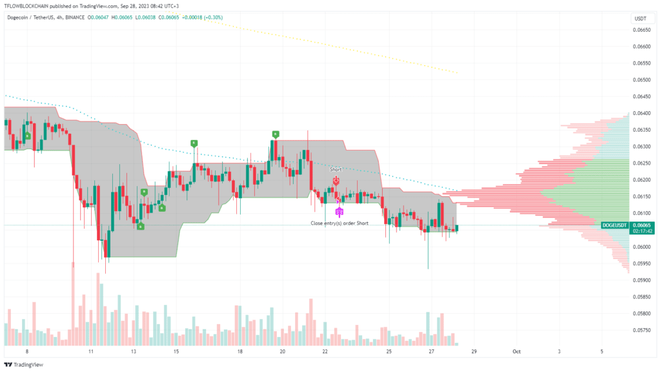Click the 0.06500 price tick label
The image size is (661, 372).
click(x=641, y=79)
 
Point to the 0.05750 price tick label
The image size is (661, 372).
click(x=641, y=330)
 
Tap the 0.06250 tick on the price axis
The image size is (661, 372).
click(x=641, y=163)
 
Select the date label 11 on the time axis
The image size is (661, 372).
click(x=91, y=352)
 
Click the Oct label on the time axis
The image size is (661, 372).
click(x=516, y=352)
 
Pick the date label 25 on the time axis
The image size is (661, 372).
click(x=389, y=352)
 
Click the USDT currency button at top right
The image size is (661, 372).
click(x=641, y=19)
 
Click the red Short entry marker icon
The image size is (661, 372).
click(x=336, y=182)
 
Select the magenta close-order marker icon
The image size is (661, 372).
click(x=340, y=211)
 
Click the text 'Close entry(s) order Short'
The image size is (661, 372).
click(x=340, y=223)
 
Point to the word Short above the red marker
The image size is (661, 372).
click(x=336, y=169)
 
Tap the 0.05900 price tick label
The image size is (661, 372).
click(x=641, y=280)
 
